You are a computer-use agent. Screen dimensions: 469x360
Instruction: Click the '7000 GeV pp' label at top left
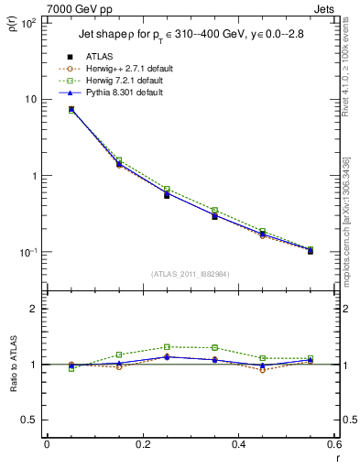(x=38, y=7)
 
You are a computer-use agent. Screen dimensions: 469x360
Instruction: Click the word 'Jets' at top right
(x=325, y=7)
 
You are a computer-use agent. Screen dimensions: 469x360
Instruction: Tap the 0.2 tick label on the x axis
(x=142, y=445)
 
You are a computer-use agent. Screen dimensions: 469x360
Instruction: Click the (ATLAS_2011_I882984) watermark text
(x=190, y=274)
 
